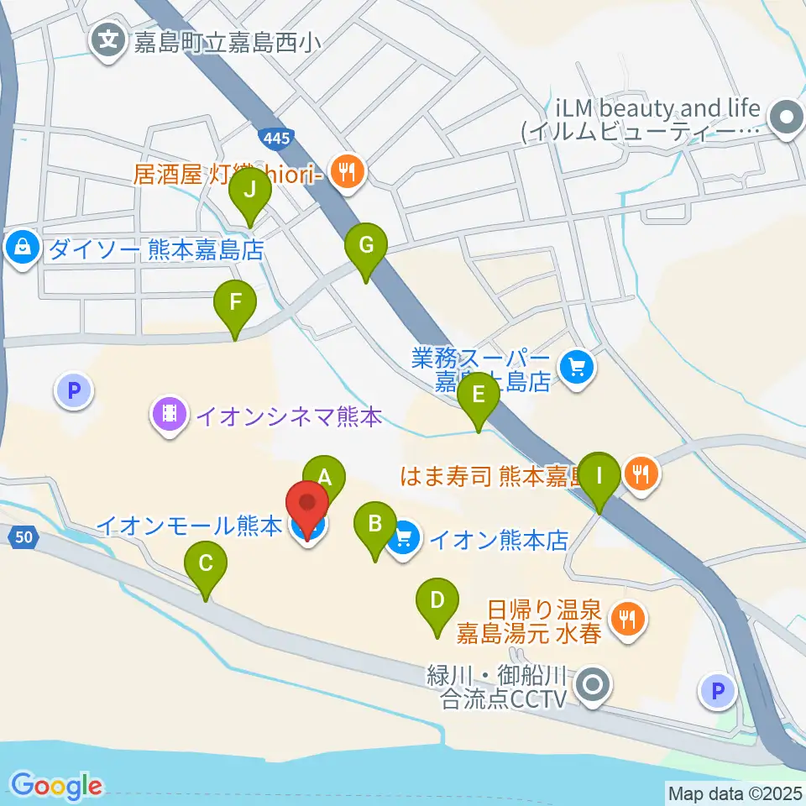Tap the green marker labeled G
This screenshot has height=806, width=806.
coord(366,248)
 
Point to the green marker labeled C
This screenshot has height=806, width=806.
coord(206,565)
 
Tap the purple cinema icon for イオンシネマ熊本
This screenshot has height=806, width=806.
coord(170,414)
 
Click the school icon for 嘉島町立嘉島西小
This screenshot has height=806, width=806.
coord(109,39)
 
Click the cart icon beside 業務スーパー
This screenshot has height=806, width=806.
coord(577,368)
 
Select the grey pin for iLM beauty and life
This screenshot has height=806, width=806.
coord(788,117)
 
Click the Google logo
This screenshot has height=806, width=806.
coord(57,786)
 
